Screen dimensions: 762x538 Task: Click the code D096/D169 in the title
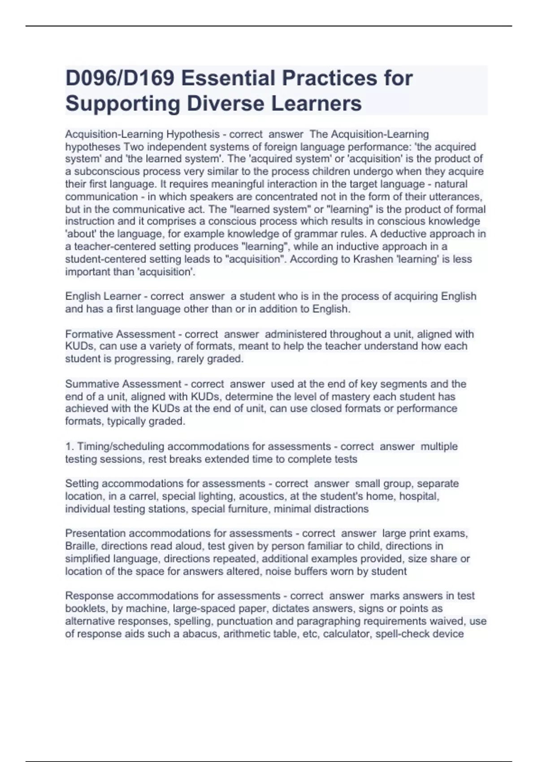[x=120, y=78]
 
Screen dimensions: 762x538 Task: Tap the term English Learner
[x=103, y=296]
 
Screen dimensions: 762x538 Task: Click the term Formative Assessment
[x=120, y=334]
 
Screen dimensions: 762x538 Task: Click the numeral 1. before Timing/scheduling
[x=69, y=446]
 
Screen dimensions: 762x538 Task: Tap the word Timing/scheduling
[x=121, y=446]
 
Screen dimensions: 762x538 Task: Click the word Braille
[x=80, y=546]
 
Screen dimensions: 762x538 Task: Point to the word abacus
[x=201, y=634]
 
